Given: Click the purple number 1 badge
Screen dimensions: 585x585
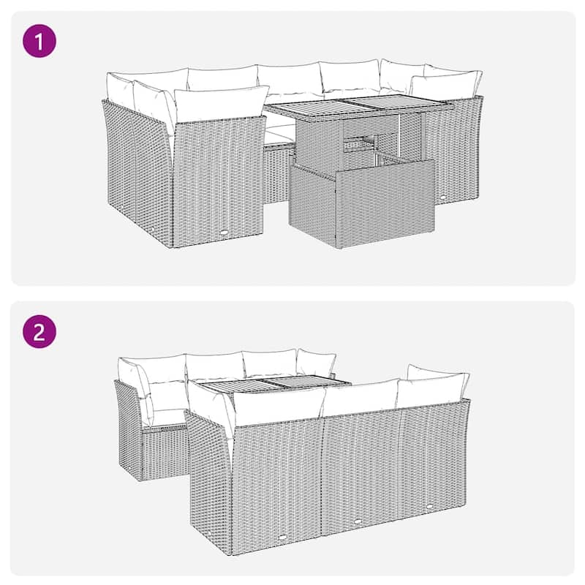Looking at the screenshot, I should point(40,41).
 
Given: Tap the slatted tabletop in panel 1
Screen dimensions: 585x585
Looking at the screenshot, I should point(358,110).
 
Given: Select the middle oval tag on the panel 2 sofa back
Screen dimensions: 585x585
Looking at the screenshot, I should point(358,521).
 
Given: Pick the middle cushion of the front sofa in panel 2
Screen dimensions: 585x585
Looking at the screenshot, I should point(360,399).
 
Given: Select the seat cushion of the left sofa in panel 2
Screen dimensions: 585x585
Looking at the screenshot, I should point(165,417).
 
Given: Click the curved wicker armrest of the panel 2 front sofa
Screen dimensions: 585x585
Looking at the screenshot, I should point(208,468).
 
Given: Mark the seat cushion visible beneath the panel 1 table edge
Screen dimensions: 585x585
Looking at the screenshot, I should point(278,133).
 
